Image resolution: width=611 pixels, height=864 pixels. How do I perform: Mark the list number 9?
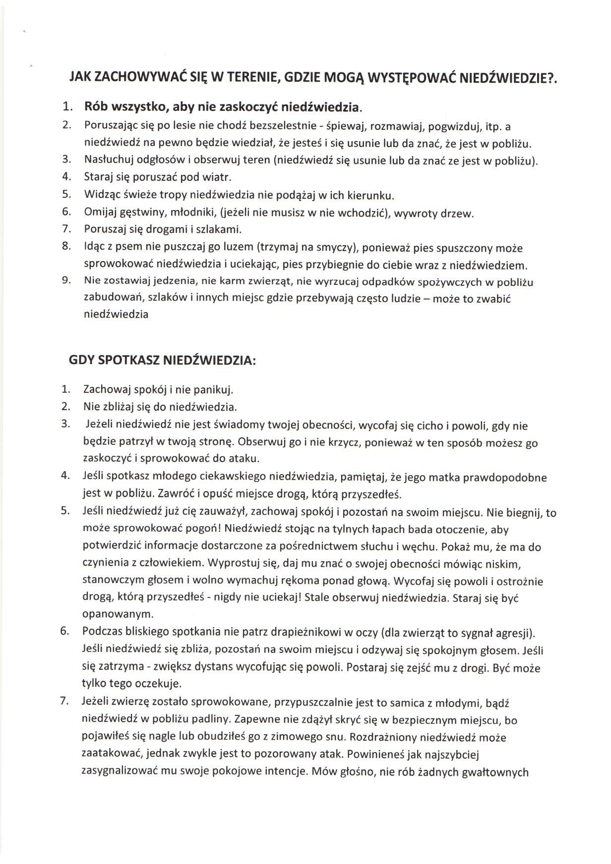point(67,280)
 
